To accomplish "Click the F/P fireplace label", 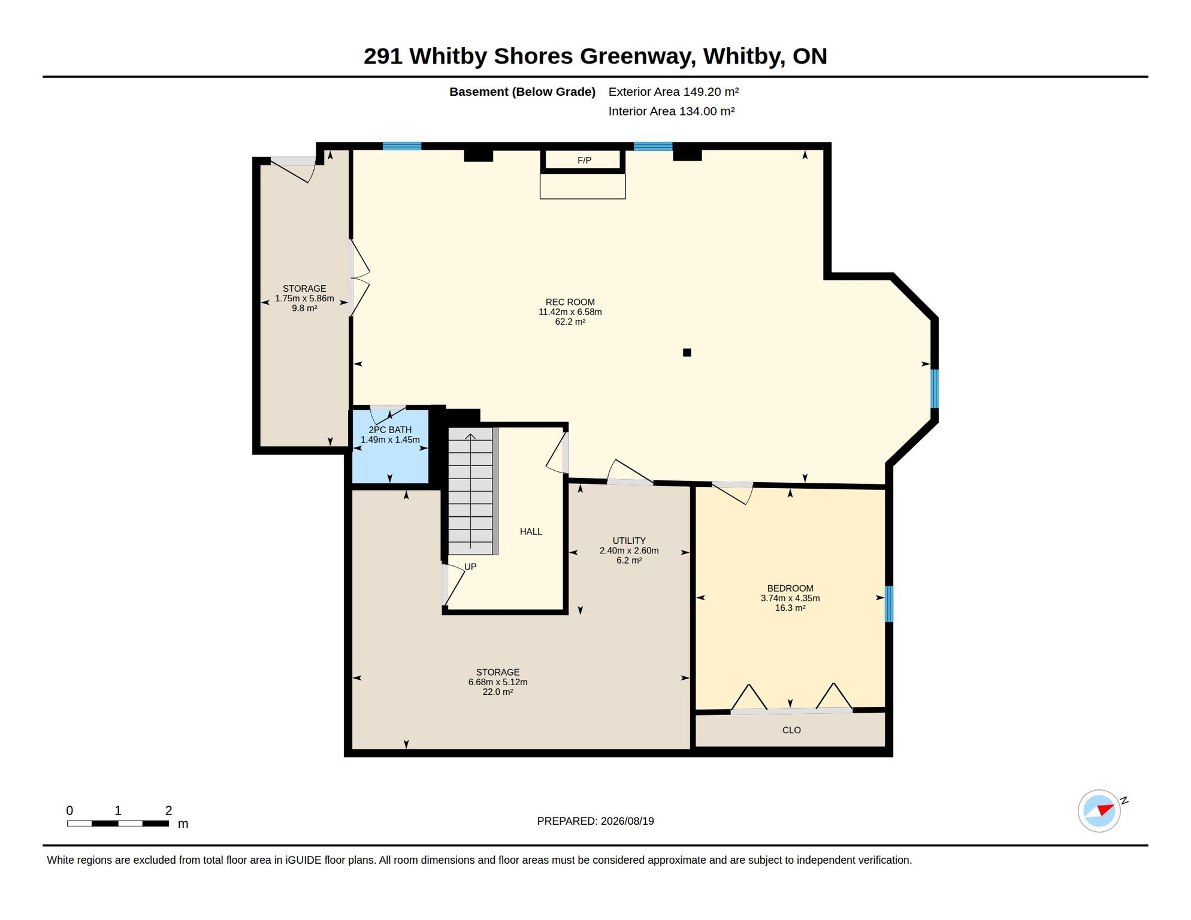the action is (x=584, y=160).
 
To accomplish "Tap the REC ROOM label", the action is (x=570, y=302).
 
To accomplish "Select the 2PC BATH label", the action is (x=390, y=429).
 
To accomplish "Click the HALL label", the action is (x=531, y=531).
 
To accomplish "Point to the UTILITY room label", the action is (x=629, y=540).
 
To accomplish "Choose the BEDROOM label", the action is (x=790, y=588).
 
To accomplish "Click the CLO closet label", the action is (x=791, y=730).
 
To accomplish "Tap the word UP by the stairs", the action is (x=470, y=566).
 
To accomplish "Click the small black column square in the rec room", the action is (x=687, y=352).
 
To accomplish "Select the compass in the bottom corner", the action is (x=1099, y=810).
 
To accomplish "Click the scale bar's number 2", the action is (x=168, y=810).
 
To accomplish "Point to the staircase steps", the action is (x=471, y=491).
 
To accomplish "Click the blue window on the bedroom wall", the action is (x=889, y=604).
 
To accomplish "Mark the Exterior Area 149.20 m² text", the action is (x=673, y=92).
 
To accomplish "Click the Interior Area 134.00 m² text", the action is (x=672, y=111).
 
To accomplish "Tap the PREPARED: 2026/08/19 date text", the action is (x=595, y=821).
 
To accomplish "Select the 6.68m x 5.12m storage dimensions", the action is (x=498, y=682).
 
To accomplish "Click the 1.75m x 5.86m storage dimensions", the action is (x=304, y=298).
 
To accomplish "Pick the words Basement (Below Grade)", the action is (x=522, y=92).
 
